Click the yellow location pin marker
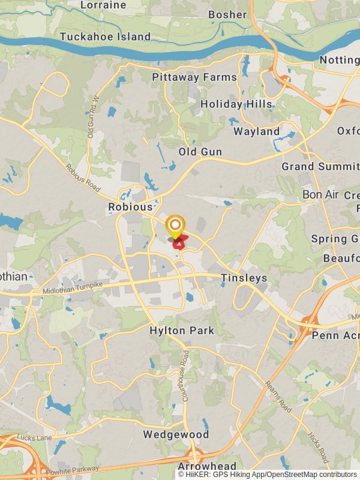(175, 227)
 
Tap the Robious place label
(130, 207)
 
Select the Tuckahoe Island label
(105, 37)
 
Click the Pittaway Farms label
(194, 77)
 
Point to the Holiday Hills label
(236, 104)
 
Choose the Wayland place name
(256, 131)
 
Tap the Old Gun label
(200, 152)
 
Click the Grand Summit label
(320, 166)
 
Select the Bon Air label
(320, 195)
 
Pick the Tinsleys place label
(244, 278)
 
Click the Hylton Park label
(182, 331)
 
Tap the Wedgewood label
(176, 434)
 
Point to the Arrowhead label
(206, 466)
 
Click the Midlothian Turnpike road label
(73, 287)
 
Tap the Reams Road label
(278, 397)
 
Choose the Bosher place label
(227, 14)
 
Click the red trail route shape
(179, 244)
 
